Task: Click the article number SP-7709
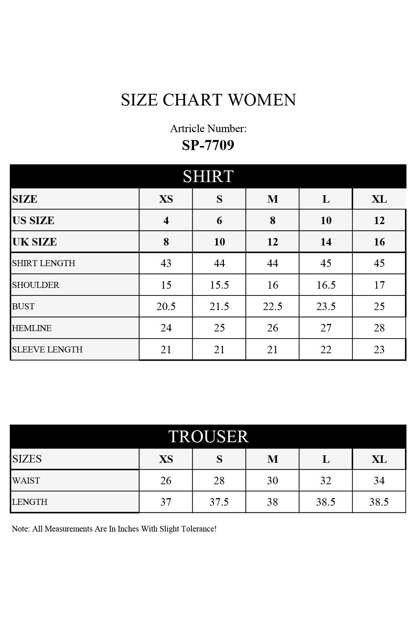pyautogui.click(x=208, y=145)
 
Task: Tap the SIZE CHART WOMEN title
pyautogui.click(x=208, y=100)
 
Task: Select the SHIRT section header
pyautogui.click(x=208, y=176)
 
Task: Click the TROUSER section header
pyautogui.click(x=208, y=436)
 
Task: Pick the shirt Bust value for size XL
pyautogui.click(x=379, y=306)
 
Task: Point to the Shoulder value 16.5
pyautogui.click(x=326, y=285)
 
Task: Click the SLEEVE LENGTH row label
pyautogui.click(x=47, y=349)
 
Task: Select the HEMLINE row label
pyautogui.click(x=32, y=328)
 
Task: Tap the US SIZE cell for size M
pyautogui.click(x=272, y=220)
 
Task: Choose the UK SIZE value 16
pyautogui.click(x=379, y=242)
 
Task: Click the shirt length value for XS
pyautogui.click(x=166, y=263)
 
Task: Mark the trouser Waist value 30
pyautogui.click(x=272, y=480)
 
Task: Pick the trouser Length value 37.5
pyautogui.click(x=219, y=502)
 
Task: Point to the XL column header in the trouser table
pyautogui.click(x=379, y=459)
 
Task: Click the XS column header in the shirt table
pyautogui.click(x=166, y=199)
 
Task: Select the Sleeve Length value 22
pyautogui.click(x=326, y=349)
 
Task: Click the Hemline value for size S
pyautogui.click(x=219, y=328)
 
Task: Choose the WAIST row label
pyautogui.click(x=26, y=480)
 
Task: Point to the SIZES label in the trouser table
pyautogui.click(x=27, y=459)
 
